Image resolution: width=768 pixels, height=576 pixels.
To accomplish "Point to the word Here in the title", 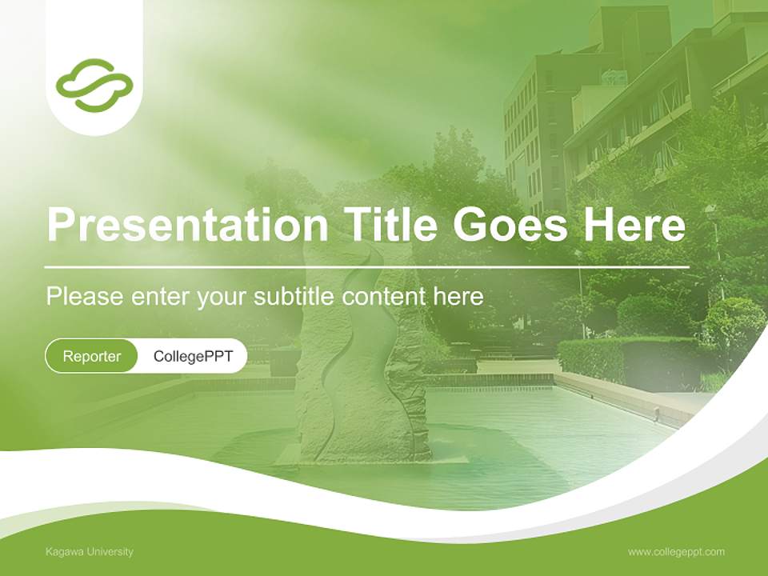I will click(x=634, y=225).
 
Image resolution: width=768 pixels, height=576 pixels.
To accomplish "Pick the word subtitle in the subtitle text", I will click(x=294, y=297).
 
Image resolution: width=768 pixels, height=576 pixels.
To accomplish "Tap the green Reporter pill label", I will click(x=91, y=356).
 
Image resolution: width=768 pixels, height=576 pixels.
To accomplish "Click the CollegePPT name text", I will click(x=193, y=356).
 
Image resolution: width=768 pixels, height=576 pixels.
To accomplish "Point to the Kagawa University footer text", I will click(x=90, y=552).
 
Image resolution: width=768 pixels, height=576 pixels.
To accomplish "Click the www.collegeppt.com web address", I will click(x=676, y=552).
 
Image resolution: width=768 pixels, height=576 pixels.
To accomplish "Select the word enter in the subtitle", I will click(x=160, y=297).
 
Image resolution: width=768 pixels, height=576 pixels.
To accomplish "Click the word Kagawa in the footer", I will click(x=61, y=552).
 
